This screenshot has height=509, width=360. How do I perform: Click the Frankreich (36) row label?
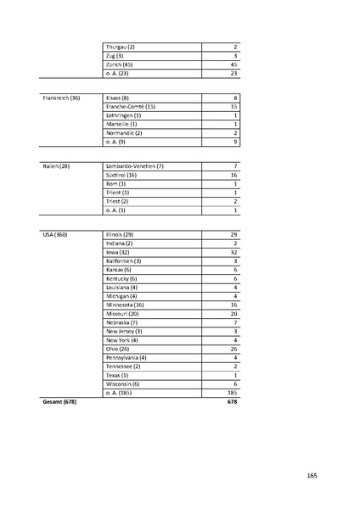pyautogui.click(x=61, y=98)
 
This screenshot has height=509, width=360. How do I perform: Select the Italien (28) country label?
pyautogui.click(x=56, y=165)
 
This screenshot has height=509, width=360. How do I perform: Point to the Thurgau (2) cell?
pyautogui.click(x=121, y=46)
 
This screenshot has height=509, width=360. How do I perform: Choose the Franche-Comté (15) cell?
pyautogui.click(x=130, y=107)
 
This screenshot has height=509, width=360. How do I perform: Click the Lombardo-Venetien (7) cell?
pyautogui.click(x=135, y=165)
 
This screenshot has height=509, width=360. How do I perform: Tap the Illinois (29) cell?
pyautogui.click(x=120, y=233)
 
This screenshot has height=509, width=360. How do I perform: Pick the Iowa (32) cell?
pyautogui.click(x=117, y=252)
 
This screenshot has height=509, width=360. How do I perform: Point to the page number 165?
pyautogui.click(x=312, y=476)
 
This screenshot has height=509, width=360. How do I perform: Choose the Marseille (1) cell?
pyautogui.click(x=122, y=125)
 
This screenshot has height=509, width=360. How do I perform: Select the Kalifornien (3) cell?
pyautogui.click(x=124, y=260)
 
